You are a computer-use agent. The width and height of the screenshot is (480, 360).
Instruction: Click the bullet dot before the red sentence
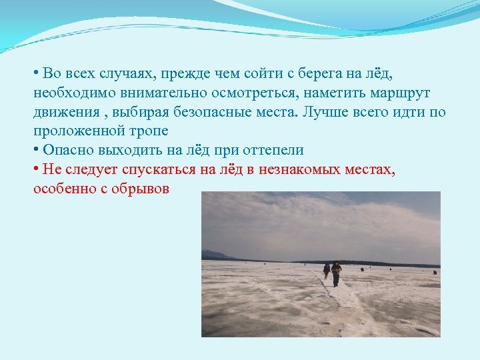tap(36, 169)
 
